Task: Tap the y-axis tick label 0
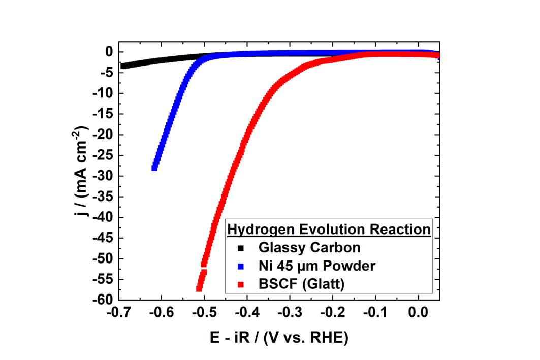tap(109, 52)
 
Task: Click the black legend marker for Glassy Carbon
tap(241, 248)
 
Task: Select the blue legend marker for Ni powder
tap(241, 267)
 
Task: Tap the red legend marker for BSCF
tap(241, 285)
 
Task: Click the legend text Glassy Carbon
tap(309, 248)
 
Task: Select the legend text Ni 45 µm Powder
tap(317, 267)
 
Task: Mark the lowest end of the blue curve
tap(154, 168)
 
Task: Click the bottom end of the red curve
tap(199, 289)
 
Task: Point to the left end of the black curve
tap(122, 66)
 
